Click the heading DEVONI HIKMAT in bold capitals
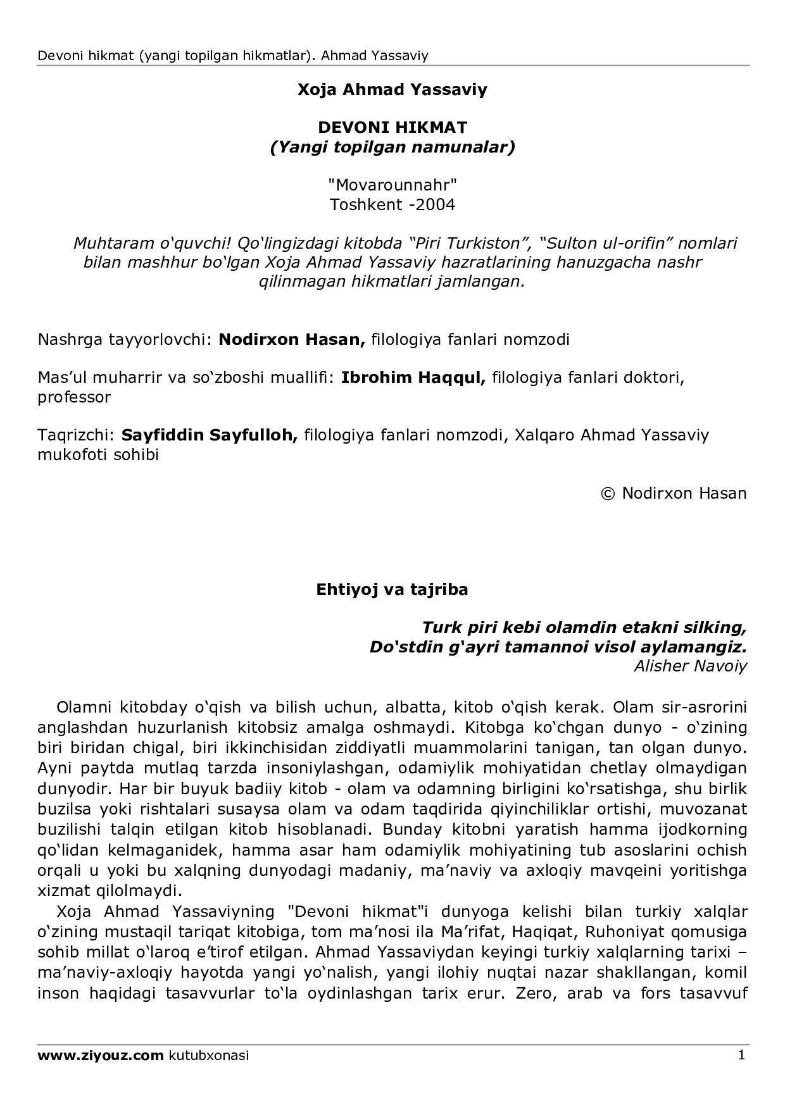tap(392, 127)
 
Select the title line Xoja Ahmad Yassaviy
tap(392, 89)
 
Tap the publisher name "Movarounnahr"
tap(392, 185)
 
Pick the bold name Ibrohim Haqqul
tap(413, 378)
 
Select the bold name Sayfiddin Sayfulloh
tap(210, 435)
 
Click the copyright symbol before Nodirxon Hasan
tap(608, 493)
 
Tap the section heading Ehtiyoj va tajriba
tap(392, 589)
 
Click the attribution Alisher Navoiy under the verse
tap(690, 666)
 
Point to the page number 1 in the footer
tap(741, 1055)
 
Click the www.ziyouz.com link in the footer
tap(101, 1056)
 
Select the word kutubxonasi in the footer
tap(209, 1056)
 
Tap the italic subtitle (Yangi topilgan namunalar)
tap(392, 147)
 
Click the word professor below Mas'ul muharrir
tap(74, 397)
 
